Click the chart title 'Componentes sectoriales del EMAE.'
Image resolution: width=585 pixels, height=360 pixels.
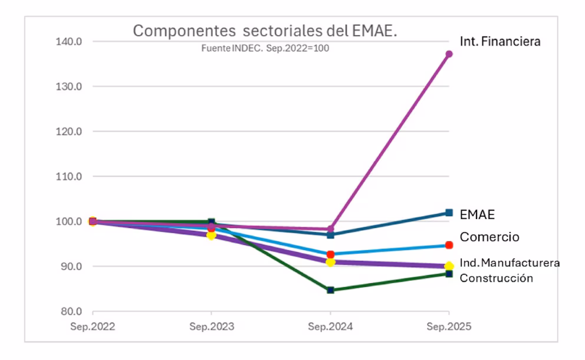265,31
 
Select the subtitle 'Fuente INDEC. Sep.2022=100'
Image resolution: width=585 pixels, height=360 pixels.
265,48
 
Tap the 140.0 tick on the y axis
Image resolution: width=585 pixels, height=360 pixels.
69,41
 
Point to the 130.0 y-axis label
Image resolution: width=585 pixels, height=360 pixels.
69,86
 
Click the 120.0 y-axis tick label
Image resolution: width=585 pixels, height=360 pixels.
69,131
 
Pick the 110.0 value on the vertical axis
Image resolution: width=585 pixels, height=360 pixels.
69,176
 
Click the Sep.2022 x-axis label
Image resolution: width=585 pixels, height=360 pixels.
93,325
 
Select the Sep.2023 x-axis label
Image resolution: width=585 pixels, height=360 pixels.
212,325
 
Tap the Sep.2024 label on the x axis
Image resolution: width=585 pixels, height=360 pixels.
330,325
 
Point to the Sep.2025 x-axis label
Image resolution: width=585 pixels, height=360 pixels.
449,325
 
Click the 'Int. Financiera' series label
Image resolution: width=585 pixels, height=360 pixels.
500,41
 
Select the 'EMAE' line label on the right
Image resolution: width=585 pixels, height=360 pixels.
477,215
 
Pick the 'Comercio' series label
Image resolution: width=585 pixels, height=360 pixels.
489,237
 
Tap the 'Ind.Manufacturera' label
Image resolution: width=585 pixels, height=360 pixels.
510,263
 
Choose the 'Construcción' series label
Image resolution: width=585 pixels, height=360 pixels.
496,278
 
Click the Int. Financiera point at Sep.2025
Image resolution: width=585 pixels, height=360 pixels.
449,54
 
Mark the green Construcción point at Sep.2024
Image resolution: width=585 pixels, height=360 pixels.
330,290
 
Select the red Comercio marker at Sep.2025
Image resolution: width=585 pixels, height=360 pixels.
449,245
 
